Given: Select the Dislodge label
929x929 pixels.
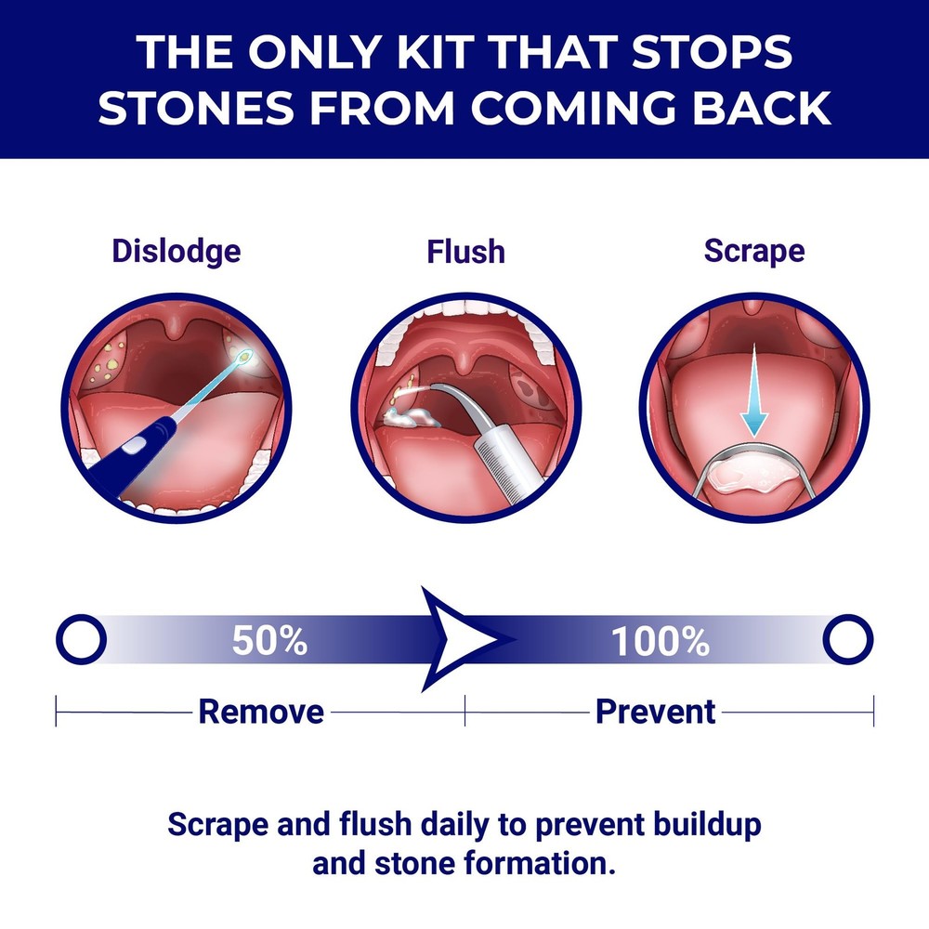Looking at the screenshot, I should (176, 251).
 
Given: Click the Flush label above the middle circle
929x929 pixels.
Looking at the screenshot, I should (465, 251).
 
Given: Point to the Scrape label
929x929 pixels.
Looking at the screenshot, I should (754, 251).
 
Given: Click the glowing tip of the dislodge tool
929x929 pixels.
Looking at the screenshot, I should (244, 356).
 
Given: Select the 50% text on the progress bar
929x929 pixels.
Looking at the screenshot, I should (269, 640).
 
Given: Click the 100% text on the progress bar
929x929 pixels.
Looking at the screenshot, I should (660, 640).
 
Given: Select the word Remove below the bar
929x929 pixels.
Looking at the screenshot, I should (261, 712).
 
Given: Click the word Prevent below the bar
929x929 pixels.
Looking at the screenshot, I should (655, 712).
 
